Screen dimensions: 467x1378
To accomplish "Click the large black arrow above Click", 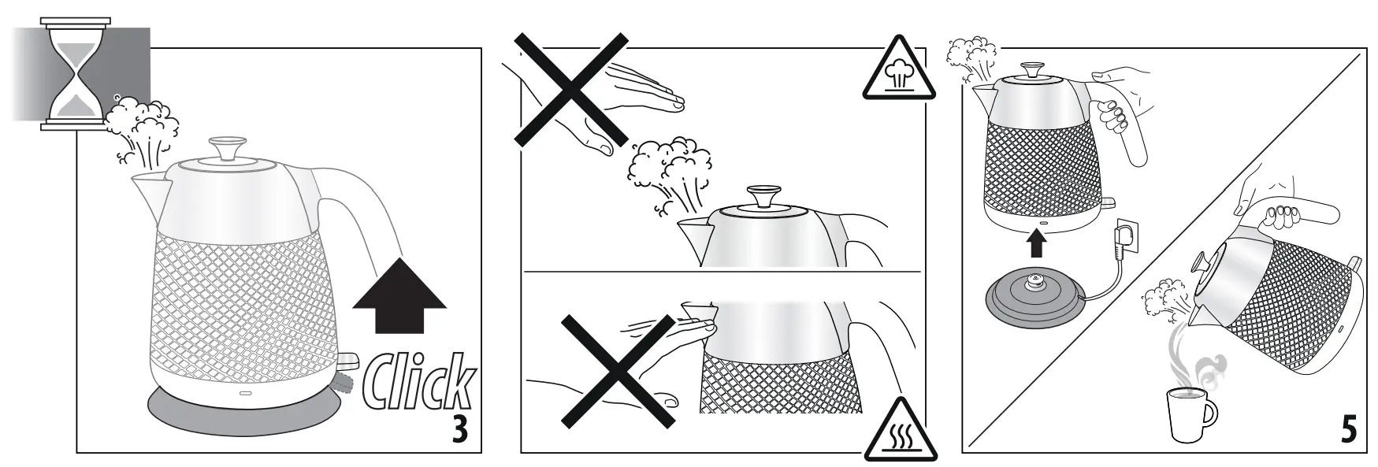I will click(x=399, y=296).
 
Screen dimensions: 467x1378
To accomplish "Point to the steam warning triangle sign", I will click(x=898, y=72).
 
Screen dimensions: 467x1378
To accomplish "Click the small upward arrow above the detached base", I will click(x=1037, y=244).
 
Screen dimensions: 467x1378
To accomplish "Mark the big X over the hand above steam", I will click(x=571, y=89).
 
